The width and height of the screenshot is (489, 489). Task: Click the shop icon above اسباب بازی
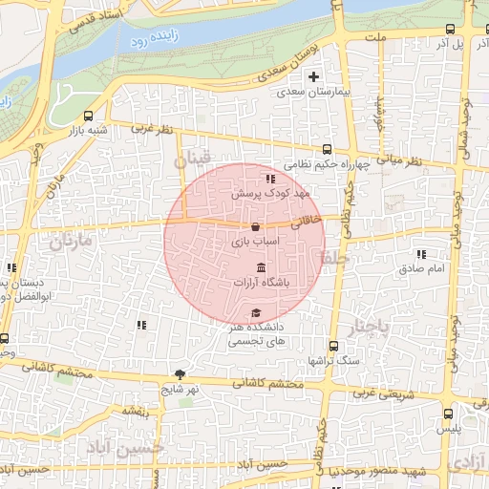point(254,227)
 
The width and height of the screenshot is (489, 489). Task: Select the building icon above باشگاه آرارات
point(262,269)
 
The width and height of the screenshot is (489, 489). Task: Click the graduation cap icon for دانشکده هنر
point(255,312)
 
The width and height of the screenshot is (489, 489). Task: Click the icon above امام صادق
point(421,254)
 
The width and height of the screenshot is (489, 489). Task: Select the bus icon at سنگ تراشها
point(332,346)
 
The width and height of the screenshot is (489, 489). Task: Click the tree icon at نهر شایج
point(179,374)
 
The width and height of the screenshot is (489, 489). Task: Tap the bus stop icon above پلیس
point(449,414)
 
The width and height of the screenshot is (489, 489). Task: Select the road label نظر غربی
point(155,128)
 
